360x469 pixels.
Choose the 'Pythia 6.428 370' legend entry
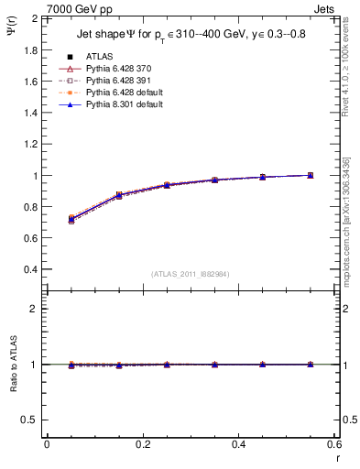point(115,68)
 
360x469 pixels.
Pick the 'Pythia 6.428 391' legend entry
point(115,81)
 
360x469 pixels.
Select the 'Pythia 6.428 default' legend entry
point(120,93)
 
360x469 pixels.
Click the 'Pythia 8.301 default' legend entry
point(120,105)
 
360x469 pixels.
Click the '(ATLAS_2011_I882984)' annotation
point(190,274)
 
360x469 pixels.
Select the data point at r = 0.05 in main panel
point(71,220)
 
